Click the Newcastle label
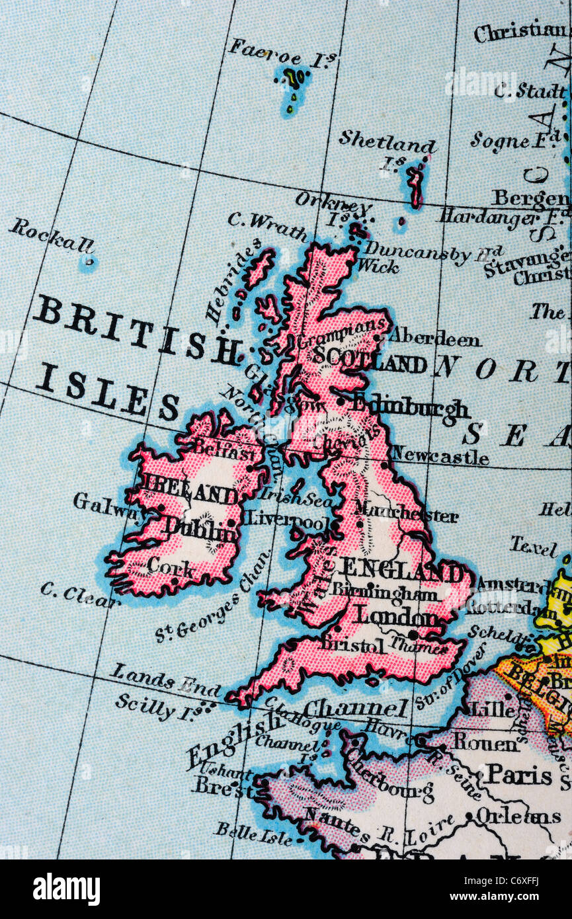pyautogui.click(x=440, y=456)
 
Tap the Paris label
pyautogui.click(x=518, y=774)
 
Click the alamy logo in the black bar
pyautogui.click(x=66, y=889)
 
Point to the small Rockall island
pyautogui.click(x=87, y=263)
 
